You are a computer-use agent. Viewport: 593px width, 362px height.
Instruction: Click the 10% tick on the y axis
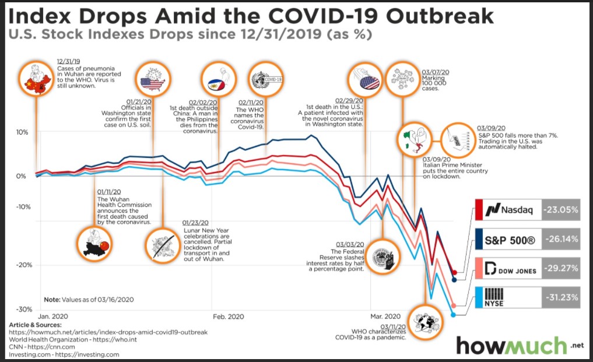(x=21, y=132)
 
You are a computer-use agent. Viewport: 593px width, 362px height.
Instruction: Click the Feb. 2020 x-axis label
(x=228, y=317)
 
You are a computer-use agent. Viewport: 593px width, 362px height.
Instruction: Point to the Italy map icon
(x=415, y=140)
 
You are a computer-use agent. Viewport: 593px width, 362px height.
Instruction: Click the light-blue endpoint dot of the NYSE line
(x=453, y=315)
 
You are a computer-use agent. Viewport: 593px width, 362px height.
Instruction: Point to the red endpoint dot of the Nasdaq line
(x=455, y=273)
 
